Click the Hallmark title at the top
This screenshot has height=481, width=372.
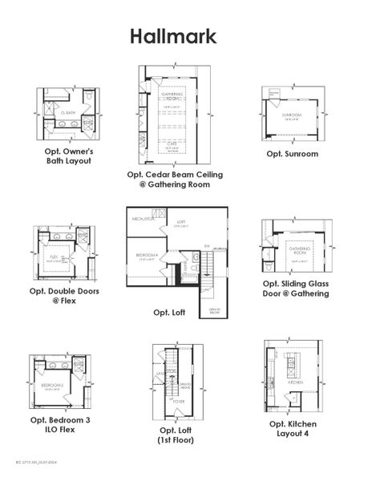[x=173, y=37]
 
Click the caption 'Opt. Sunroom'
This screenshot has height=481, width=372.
[x=292, y=153]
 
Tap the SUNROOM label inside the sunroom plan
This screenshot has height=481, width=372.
[x=292, y=115]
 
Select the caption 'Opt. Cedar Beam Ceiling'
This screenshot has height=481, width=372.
[x=175, y=174]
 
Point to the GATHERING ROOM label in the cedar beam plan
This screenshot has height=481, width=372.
[x=172, y=95]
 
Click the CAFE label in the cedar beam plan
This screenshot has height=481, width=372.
[x=172, y=146]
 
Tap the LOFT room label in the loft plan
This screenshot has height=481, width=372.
[x=181, y=221]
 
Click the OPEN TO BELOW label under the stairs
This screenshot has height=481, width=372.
[x=216, y=311]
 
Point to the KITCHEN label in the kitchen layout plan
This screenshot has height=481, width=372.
[x=294, y=383]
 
